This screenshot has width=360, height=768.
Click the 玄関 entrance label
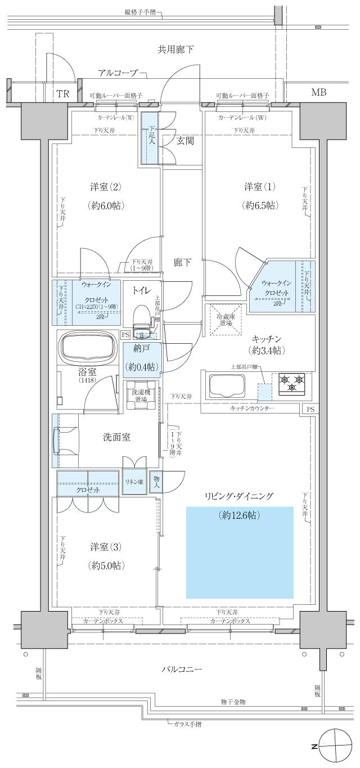pyautogui.click(x=185, y=140)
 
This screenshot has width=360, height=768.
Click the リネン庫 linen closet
pyautogui.click(x=134, y=482)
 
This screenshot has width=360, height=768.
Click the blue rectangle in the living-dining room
pyautogui.click(x=240, y=552)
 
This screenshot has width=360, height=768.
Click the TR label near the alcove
pyautogui.click(x=62, y=94)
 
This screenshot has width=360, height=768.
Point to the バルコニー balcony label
pyautogui.click(x=182, y=669)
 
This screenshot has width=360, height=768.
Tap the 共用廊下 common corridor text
pyautogui.click(x=175, y=50)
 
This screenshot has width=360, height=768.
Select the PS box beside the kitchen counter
pyautogui.click(x=310, y=409)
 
